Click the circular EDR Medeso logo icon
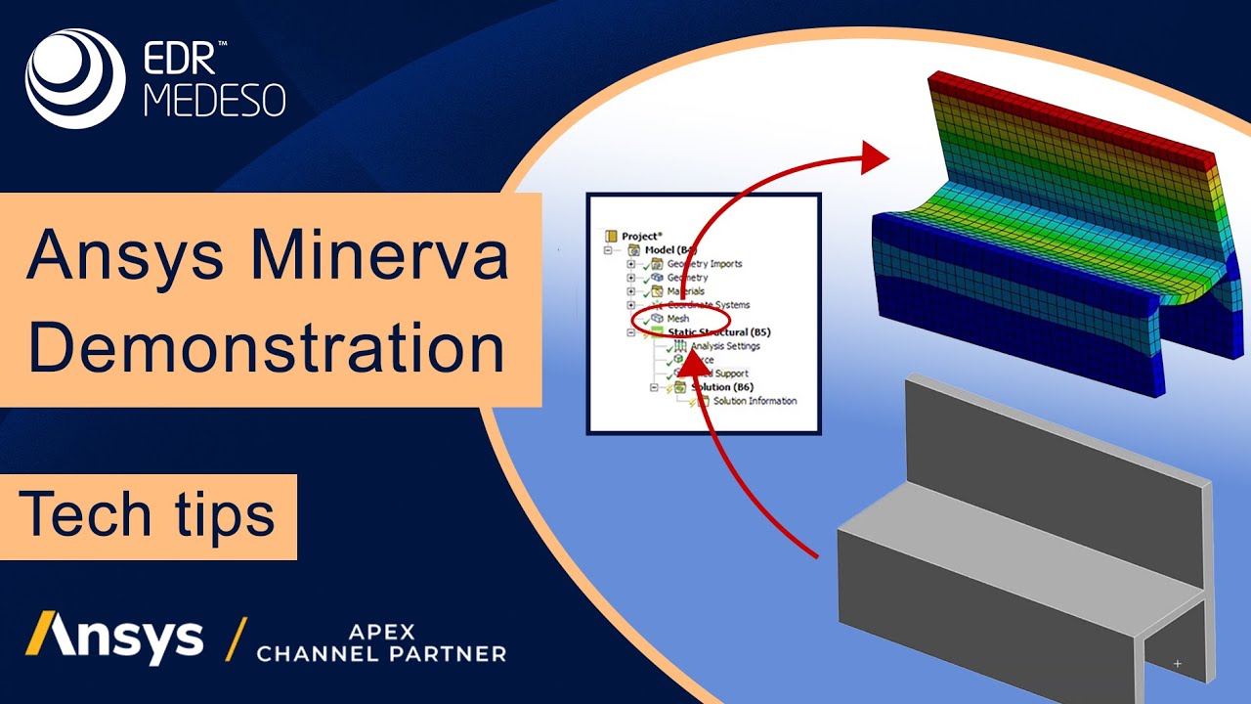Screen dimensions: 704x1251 pos(75,79)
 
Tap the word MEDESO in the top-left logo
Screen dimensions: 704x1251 pos(215,100)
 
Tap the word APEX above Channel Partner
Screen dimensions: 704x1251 pos(380,630)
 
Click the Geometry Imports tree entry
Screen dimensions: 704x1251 pos(704,264)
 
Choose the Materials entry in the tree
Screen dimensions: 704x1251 pos(685,291)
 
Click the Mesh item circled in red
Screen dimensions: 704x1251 pos(677,319)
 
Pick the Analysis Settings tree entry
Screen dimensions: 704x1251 pos(724,346)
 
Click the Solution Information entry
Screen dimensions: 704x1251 pos(754,401)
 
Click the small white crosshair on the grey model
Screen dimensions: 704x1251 pos(1178,664)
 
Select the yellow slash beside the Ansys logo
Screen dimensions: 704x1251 pos(235,638)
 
